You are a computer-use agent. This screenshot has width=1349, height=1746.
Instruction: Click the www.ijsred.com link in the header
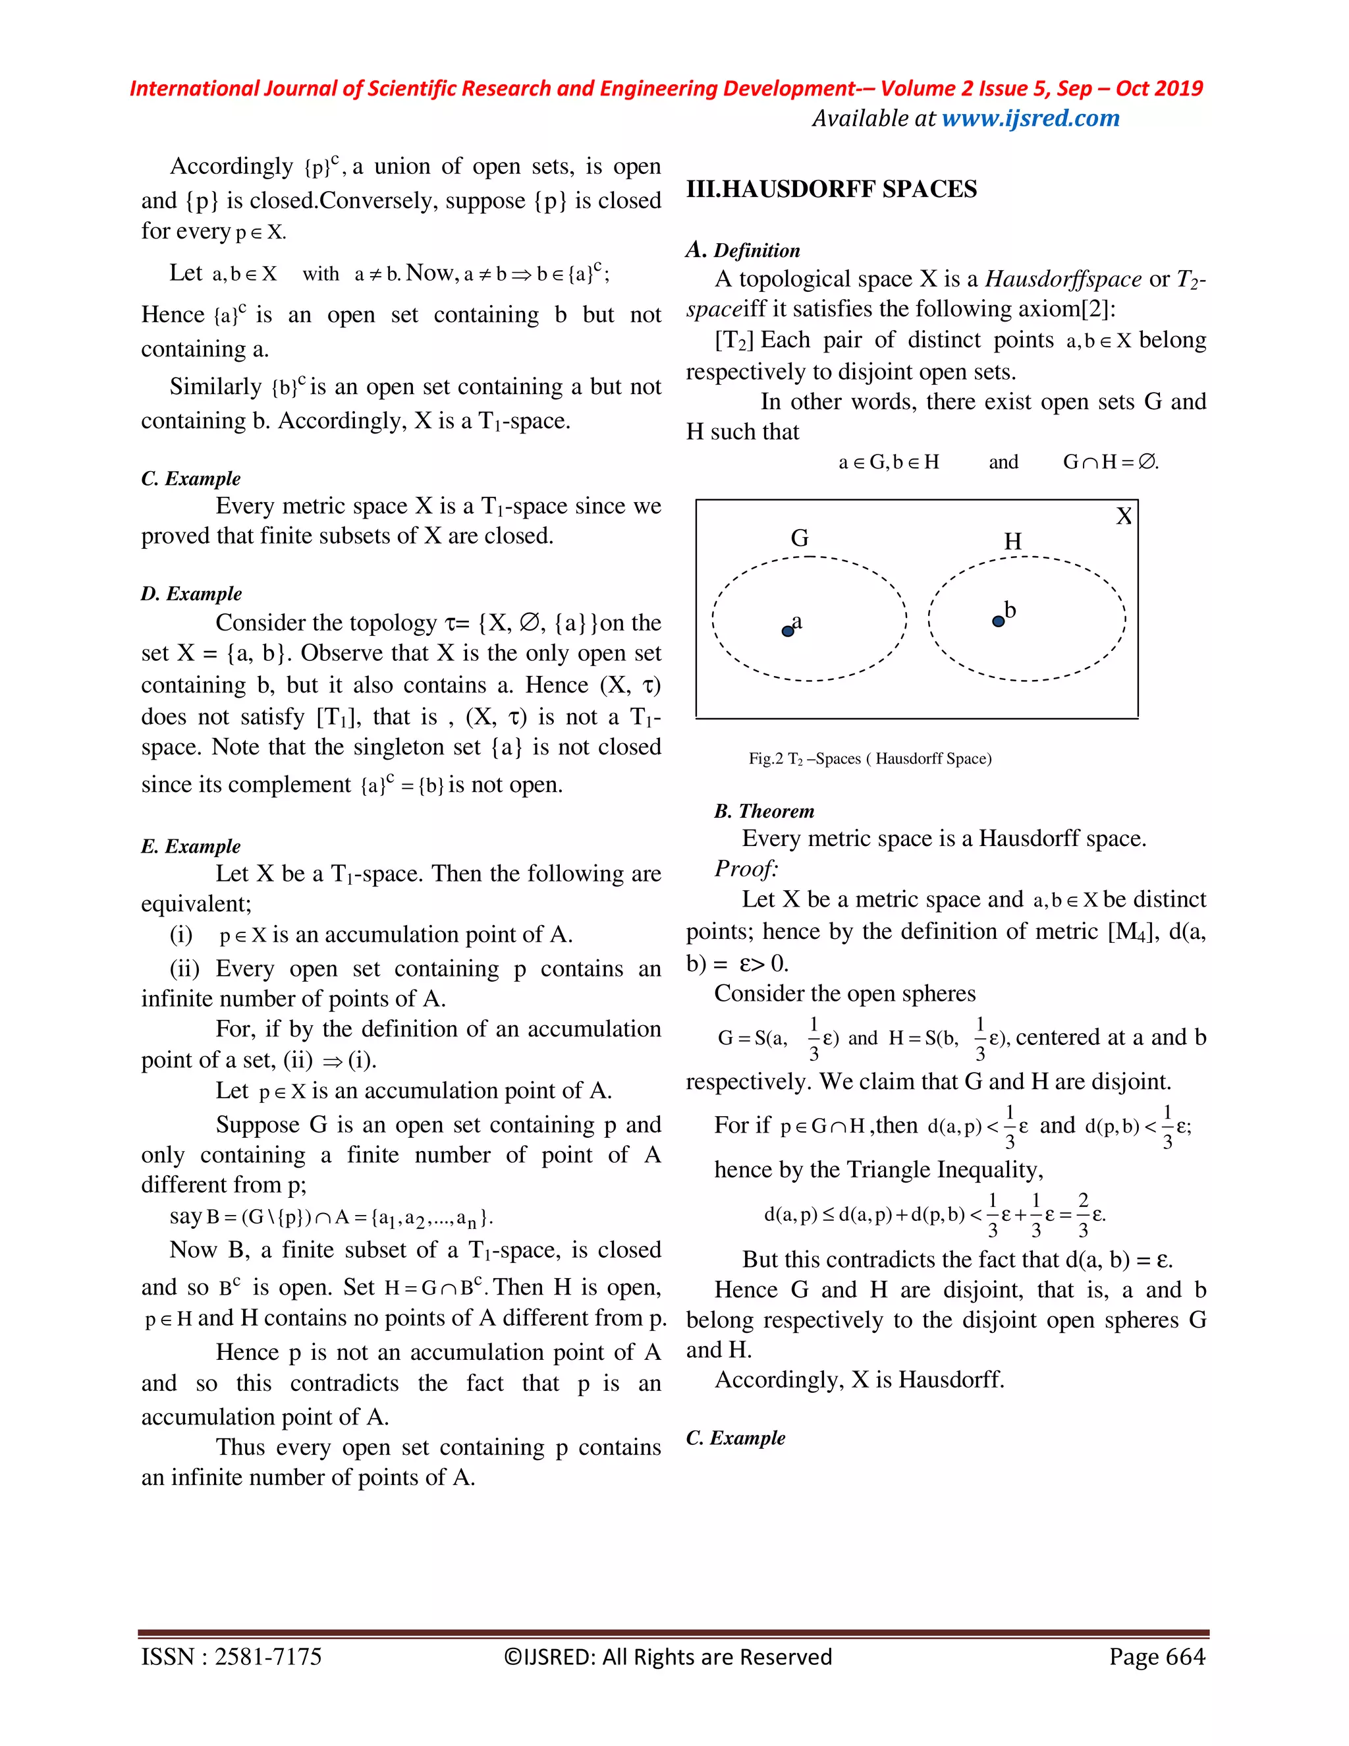pos(1030,119)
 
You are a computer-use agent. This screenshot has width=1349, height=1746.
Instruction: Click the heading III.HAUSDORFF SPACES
pos(831,190)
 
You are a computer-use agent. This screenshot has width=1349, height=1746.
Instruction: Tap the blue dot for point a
pos(787,631)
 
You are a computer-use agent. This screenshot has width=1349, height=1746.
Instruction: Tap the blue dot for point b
pos(997,621)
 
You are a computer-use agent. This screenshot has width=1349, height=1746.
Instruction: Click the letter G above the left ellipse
pos(799,538)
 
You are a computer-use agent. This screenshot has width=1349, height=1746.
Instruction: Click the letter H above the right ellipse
pos(1012,541)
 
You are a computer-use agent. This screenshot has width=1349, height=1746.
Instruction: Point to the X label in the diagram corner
pos(1123,517)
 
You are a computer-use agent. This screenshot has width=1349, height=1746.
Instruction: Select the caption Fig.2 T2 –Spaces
pos(869,758)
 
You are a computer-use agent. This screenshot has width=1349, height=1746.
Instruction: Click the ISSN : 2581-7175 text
pos(231,1656)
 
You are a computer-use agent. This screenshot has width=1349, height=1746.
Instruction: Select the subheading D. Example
pos(191,593)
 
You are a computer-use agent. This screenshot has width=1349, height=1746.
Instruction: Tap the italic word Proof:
pos(746,868)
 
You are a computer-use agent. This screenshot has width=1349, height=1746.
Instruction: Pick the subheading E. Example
pos(190,846)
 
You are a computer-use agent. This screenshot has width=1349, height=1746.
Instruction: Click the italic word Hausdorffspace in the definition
pos(1063,279)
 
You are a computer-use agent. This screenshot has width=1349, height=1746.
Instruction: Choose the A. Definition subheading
pos(742,250)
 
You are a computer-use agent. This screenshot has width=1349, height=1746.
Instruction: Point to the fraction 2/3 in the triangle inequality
pos(1083,1214)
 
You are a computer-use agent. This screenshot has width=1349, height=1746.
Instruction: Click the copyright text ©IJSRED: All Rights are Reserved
pos(668,1656)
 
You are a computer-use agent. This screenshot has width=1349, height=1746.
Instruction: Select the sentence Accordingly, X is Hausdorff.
pos(859,1379)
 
